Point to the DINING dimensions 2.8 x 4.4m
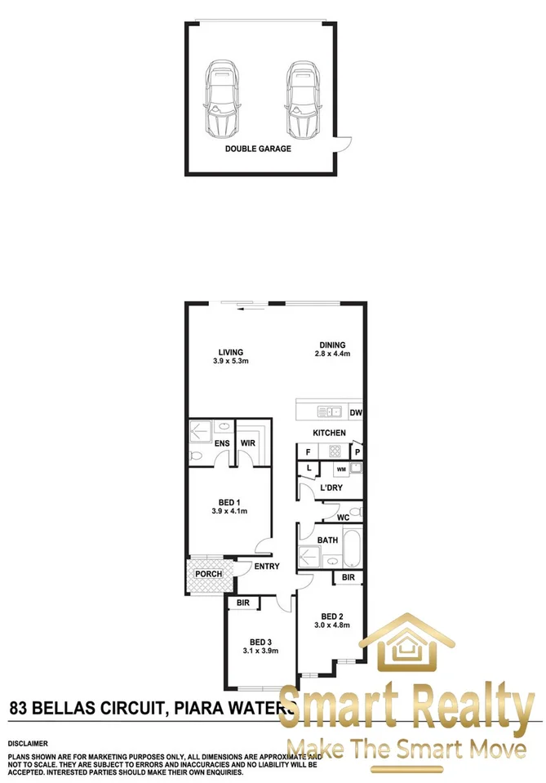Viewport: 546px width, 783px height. click(x=331, y=354)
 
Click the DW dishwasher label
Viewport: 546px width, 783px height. click(x=357, y=412)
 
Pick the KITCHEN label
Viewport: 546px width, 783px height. click(x=329, y=433)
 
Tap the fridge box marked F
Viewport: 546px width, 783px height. click(x=309, y=452)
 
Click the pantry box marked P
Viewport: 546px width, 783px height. click(x=357, y=452)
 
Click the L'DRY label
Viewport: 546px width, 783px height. click(x=331, y=487)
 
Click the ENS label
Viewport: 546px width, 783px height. click(x=222, y=443)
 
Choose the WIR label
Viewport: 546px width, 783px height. click(x=246, y=443)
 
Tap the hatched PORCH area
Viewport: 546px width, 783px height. click(x=208, y=574)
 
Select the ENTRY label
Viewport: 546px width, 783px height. click(x=267, y=567)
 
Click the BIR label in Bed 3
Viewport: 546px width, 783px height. click(x=243, y=603)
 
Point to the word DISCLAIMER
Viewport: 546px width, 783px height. click(x=28, y=744)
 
